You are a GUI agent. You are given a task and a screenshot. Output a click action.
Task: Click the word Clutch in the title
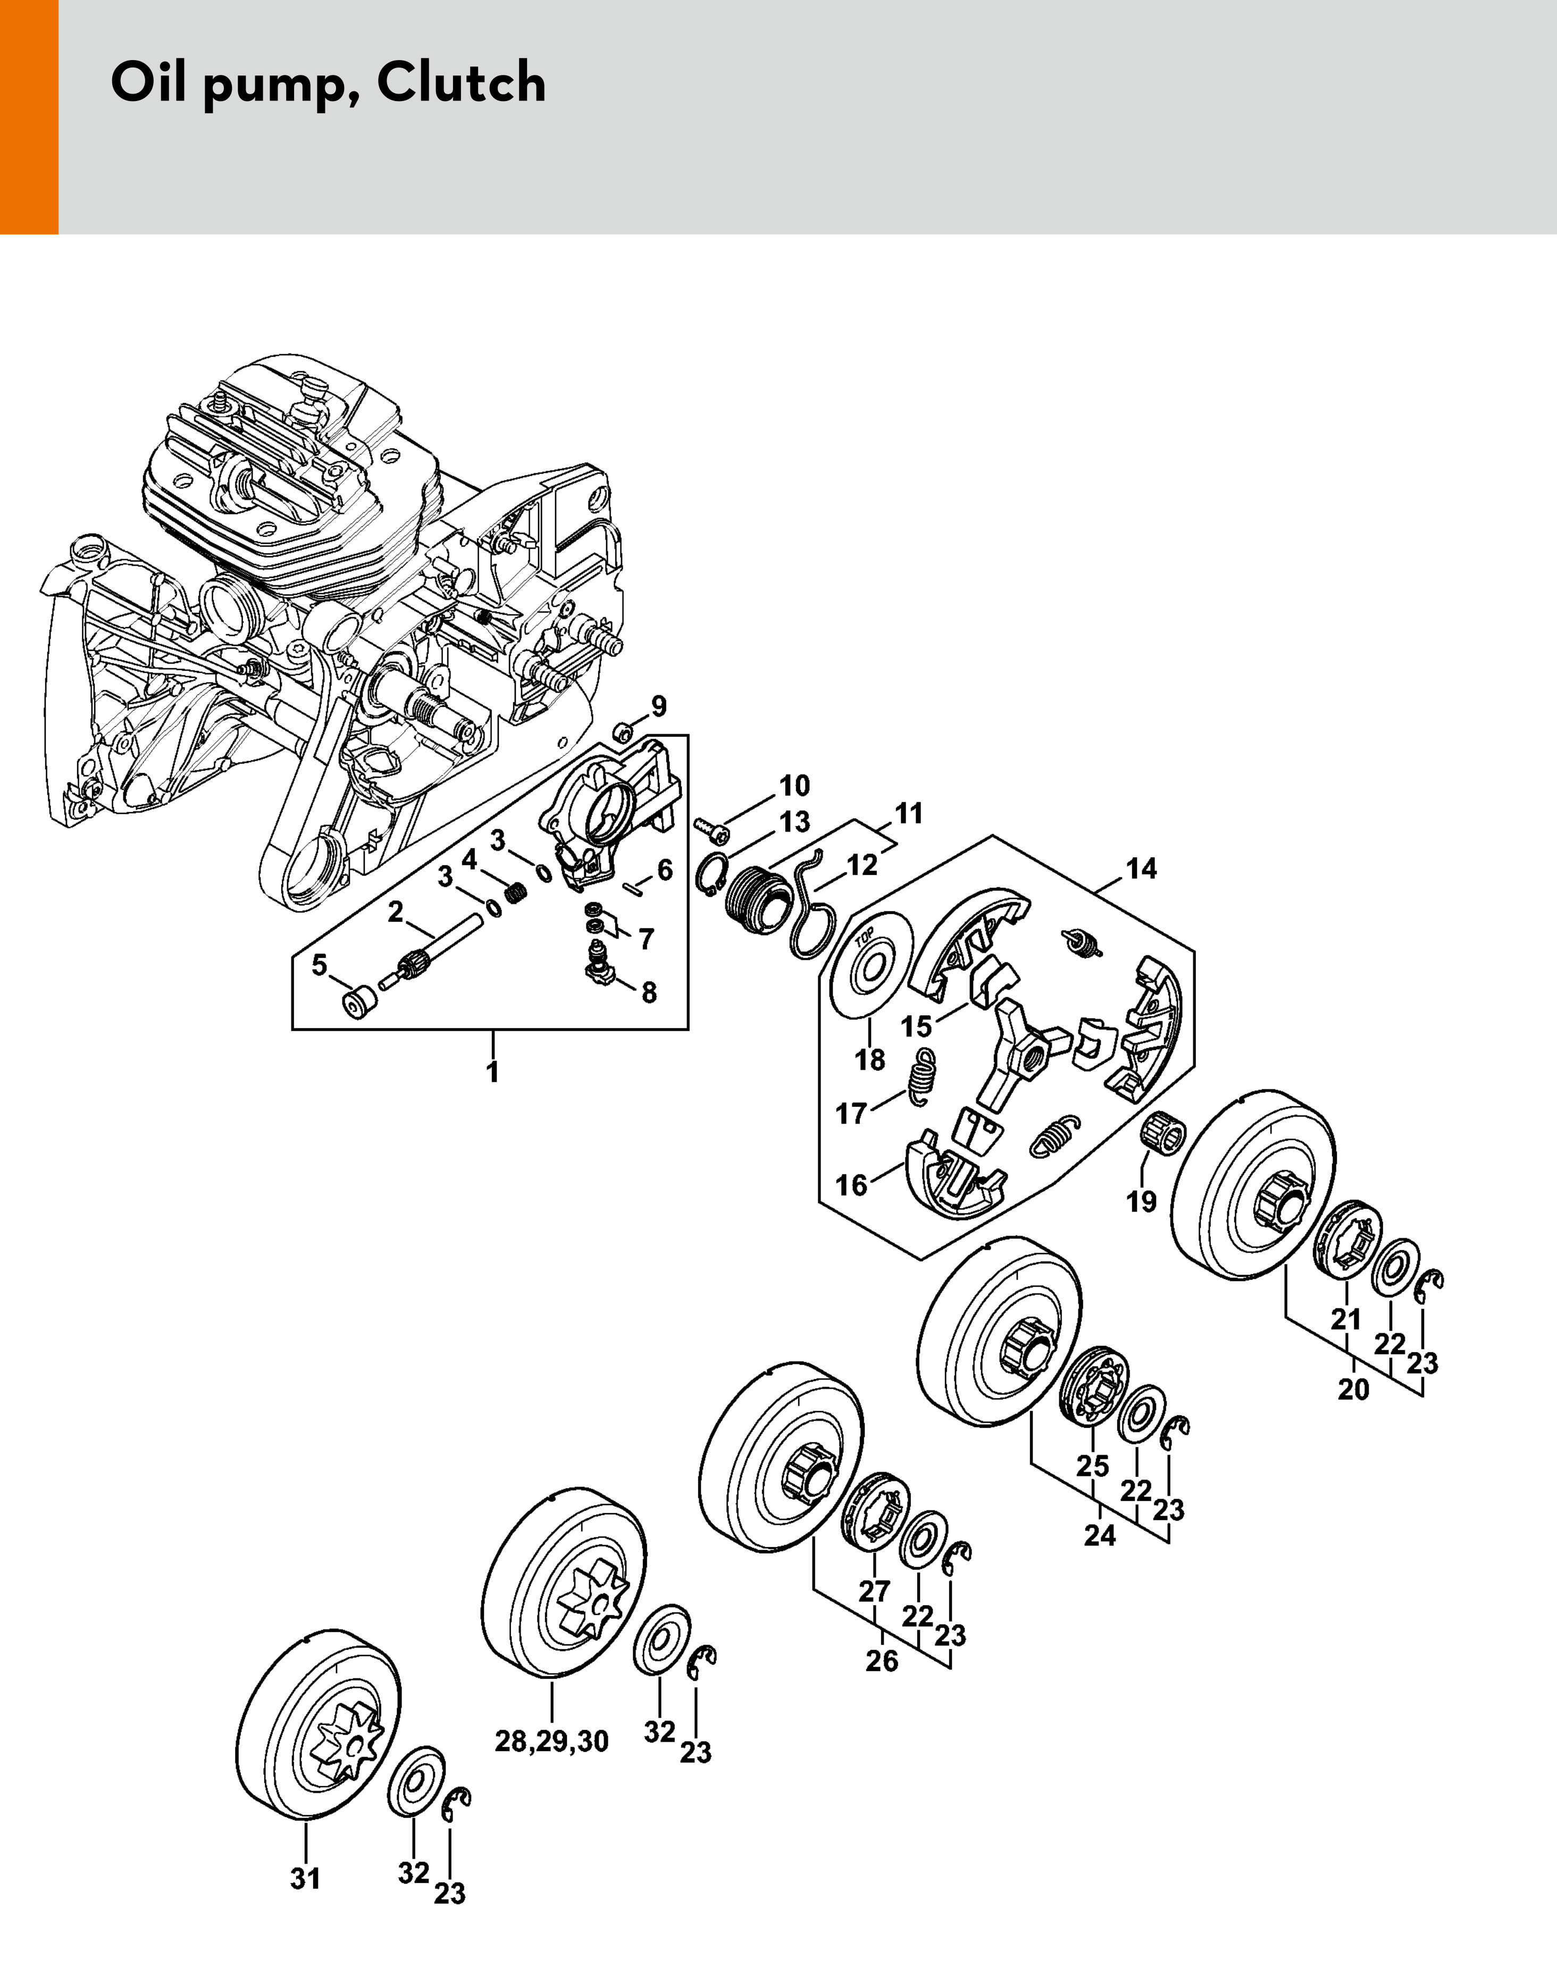click(461, 83)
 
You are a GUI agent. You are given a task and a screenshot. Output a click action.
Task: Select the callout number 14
click(1141, 869)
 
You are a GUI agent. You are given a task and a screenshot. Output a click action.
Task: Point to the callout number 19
click(1141, 1201)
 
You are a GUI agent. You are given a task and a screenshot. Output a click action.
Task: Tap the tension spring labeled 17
click(924, 1076)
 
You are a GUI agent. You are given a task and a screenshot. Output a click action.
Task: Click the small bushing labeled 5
click(359, 1003)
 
